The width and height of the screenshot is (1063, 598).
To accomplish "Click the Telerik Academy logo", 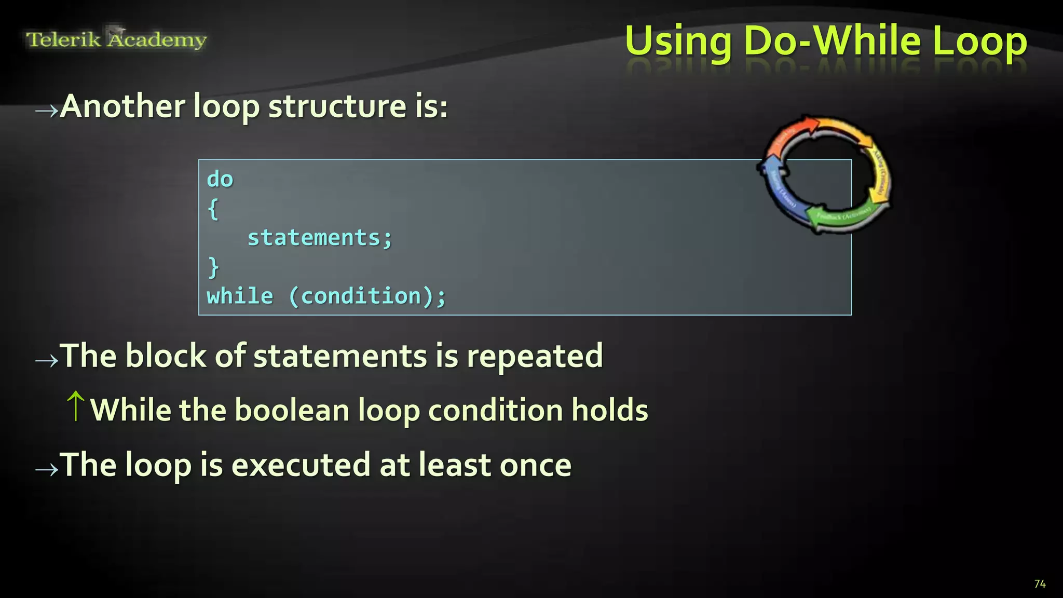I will tap(116, 39).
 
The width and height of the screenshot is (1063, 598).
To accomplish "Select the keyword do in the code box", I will tap(220, 179).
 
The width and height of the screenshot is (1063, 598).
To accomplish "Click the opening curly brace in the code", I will tap(213, 209).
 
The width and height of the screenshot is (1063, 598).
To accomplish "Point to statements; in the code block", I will tap(320, 238).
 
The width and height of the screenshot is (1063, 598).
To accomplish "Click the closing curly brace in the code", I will tap(213, 267).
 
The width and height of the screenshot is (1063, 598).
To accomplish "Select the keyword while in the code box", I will tap(240, 296).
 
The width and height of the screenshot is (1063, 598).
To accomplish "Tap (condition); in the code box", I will tap(367, 296).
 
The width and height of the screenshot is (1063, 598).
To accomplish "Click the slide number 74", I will tap(1040, 584).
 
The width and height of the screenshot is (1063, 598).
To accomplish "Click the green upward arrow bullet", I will tap(76, 406).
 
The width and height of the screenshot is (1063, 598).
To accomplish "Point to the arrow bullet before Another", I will tap(46, 110).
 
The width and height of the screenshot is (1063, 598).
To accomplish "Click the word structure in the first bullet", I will tap(337, 106).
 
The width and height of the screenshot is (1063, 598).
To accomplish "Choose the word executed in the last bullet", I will tap(301, 465).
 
